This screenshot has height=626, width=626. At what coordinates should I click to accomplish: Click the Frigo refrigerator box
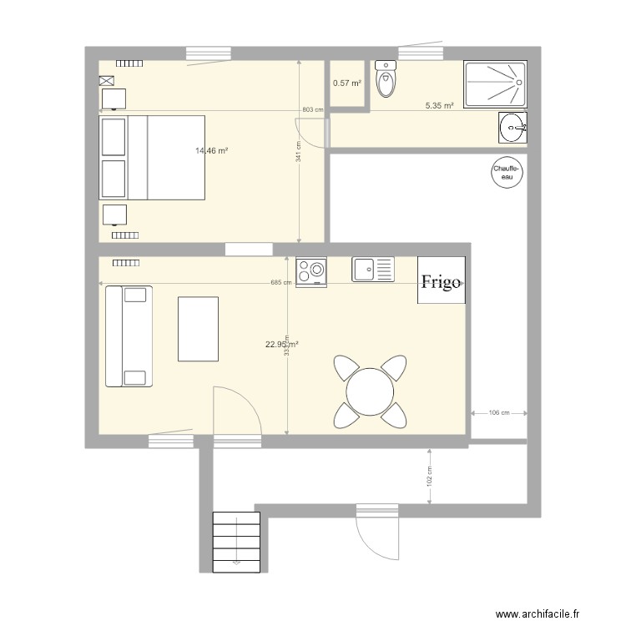(441, 280)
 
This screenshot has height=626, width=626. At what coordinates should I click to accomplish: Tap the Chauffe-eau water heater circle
(506, 173)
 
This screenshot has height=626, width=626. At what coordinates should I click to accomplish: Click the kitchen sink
(372, 269)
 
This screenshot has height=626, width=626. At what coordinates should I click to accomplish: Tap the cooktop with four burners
(311, 271)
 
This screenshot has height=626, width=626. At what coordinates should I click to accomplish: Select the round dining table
(371, 391)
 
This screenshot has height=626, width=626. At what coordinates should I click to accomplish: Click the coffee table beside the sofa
(199, 328)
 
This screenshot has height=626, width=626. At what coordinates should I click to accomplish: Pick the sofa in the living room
(128, 336)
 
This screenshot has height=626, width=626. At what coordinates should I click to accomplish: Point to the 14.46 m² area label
(212, 151)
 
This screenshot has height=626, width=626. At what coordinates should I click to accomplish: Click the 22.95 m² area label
(282, 344)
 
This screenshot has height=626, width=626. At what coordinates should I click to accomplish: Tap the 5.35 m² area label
(439, 106)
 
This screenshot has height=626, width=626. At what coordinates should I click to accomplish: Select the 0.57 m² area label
(347, 83)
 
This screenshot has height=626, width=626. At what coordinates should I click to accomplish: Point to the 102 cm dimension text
(429, 476)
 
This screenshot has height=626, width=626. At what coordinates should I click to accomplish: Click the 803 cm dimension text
(312, 110)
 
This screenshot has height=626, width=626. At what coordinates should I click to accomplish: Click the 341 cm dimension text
(299, 151)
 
